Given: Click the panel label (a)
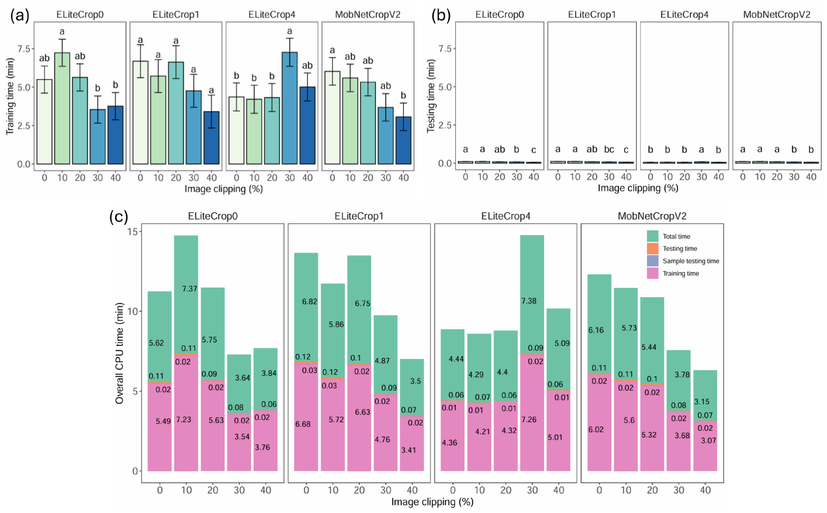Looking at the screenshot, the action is click(x=20, y=16).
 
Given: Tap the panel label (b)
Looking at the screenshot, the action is click(x=441, y=16).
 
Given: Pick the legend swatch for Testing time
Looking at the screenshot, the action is click(x=652, y=248).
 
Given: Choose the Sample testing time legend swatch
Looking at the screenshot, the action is click(x=652, y=261).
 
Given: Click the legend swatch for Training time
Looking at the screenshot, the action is click(x=652, y=273).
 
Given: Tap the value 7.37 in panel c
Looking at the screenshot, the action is click(x=189, y=289).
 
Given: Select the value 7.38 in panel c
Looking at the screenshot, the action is click(x=529, y=301).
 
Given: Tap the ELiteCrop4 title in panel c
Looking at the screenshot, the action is click(x=506, y=216).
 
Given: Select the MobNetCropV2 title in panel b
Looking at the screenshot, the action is click(x=777, y=15).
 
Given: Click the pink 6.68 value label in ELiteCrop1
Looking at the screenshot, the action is click(x=303, y=424).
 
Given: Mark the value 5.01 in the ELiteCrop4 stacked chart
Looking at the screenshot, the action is click(x=555, y=437).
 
